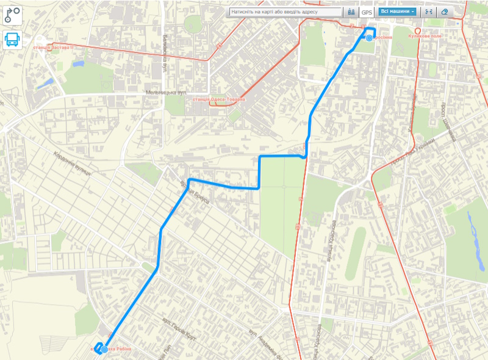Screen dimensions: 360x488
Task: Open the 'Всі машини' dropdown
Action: [398, 12]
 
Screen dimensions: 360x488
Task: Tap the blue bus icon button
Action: [12, 40]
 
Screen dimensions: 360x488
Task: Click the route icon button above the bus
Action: [12, 15]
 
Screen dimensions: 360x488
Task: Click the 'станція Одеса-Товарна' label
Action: [218, 99]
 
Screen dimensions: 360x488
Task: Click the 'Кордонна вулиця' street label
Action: [72, 163]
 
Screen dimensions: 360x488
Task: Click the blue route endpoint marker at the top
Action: [369, 38]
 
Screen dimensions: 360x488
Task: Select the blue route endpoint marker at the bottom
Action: [105, 349]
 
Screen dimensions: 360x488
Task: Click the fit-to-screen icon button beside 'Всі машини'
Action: [428, 12]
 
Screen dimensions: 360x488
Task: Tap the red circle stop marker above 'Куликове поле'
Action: [418, 31]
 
